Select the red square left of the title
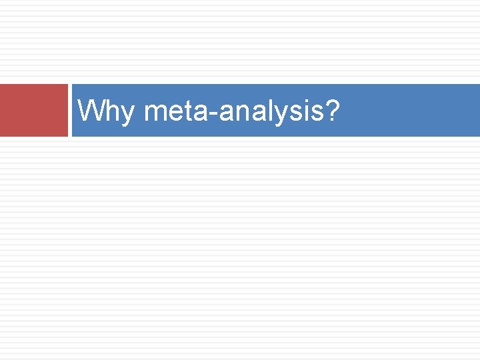click(33, 110)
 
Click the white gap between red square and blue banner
click(70, 110)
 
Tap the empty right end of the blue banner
click(433, 110)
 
